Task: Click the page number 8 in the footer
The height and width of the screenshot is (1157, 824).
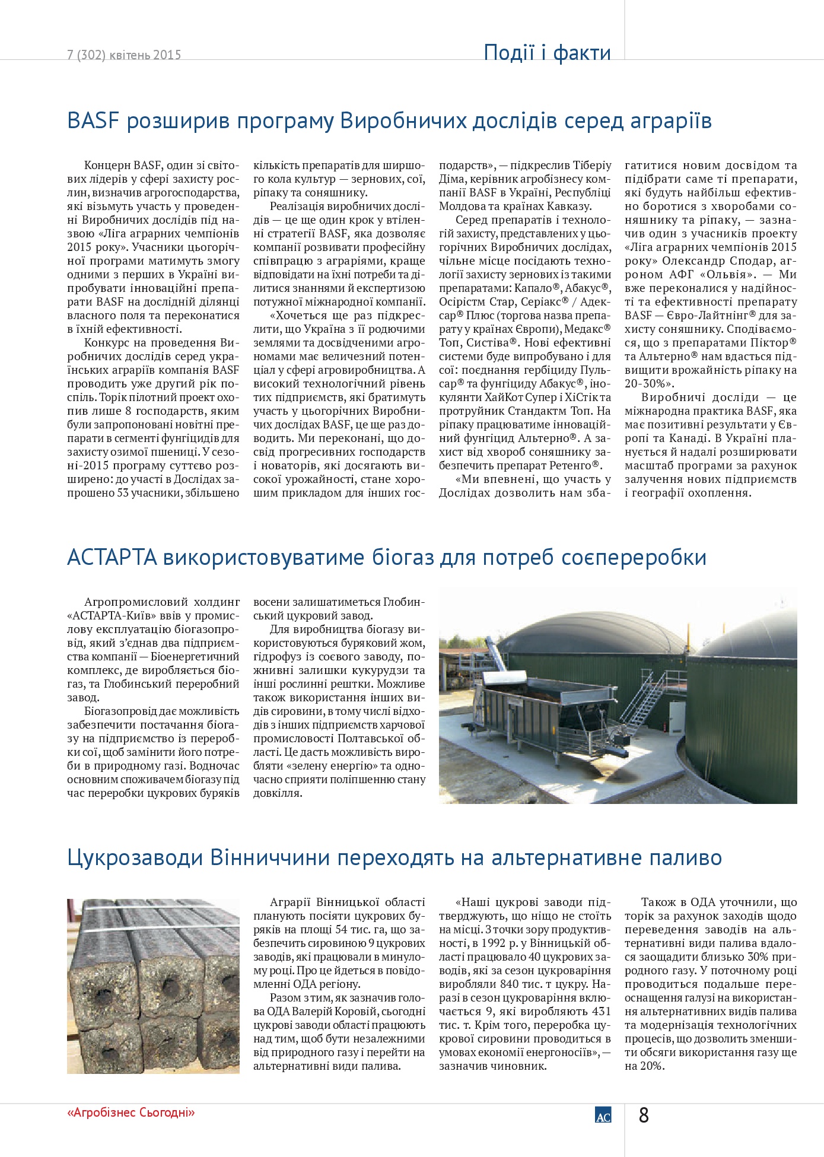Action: (x=644, y=1115)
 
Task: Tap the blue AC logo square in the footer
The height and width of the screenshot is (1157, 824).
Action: (x=603, y=1115)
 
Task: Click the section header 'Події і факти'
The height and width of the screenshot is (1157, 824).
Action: (x=547, y=53)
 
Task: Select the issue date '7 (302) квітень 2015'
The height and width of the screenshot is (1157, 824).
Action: (x=124, y=55)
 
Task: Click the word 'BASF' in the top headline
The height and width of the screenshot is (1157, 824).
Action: (x=93, y=121)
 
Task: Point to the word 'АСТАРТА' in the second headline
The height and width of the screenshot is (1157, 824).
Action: (x=112, y=558)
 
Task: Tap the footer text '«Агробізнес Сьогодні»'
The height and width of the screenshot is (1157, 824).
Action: (x=131, y=1112)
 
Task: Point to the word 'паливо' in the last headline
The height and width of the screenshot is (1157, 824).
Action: (x=684, y=858)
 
